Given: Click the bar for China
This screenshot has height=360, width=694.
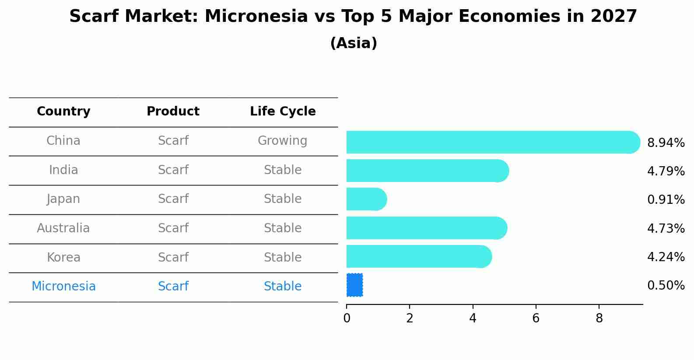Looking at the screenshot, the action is [x=493, y=142].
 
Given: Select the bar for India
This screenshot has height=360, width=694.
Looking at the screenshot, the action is [x=428, y=171].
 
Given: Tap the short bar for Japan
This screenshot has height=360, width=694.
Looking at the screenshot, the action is [x=367, y=199].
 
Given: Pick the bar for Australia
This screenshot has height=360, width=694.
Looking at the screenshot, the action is [x=427, y=228].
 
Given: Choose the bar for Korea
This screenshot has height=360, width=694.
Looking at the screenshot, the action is [x=419, y=256].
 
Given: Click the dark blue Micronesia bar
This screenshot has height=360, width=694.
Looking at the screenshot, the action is [x=354, y=285].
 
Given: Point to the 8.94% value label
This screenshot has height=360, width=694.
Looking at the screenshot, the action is [x=666, y=143].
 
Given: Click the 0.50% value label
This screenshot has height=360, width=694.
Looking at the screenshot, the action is [x=666, y=285].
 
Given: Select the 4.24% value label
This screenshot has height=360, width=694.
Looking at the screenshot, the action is [x=666, y=257].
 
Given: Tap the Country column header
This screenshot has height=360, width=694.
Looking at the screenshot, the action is [x=63, y=111].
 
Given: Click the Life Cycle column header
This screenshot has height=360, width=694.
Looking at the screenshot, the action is [x=283, y=111].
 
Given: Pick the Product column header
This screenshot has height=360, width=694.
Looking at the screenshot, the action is [x=173, y=111].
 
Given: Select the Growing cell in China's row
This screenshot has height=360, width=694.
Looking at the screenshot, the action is [x=283, y=141].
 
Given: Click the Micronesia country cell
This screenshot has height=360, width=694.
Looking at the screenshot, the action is [x=63, y=286].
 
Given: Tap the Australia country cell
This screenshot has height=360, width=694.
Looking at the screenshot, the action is [x=63, y=228].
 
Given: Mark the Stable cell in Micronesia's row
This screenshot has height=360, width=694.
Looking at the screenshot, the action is [x=283, y=286].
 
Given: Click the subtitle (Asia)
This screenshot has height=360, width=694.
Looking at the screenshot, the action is [x=354, y=43].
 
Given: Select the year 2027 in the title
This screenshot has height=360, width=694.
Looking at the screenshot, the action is [x=614, y=16].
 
